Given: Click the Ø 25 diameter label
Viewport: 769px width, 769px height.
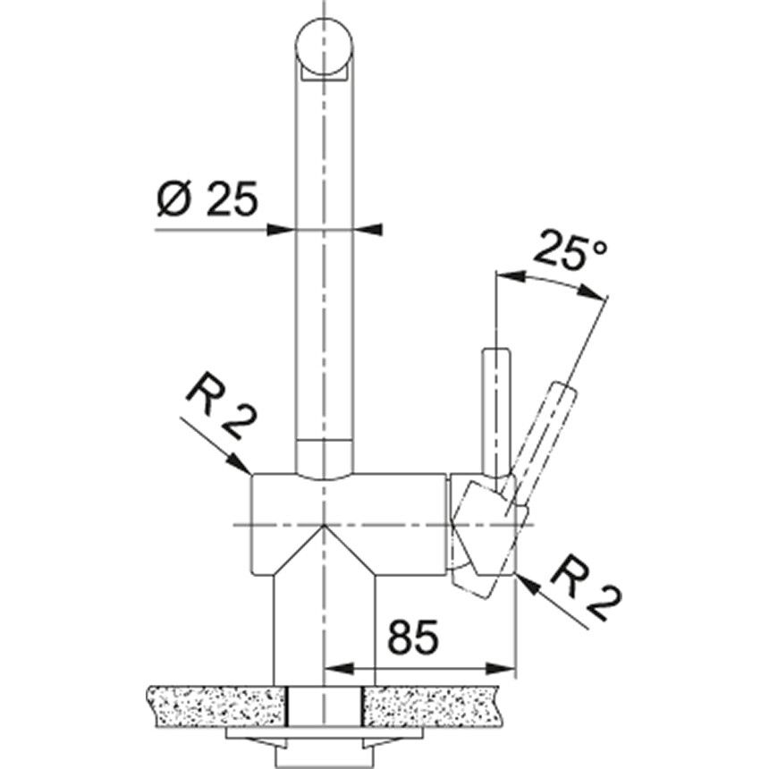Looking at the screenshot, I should point(206,199).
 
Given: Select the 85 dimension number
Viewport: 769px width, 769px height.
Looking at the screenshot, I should point(412,638).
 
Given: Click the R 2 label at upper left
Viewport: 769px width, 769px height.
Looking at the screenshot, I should point(216,408).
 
